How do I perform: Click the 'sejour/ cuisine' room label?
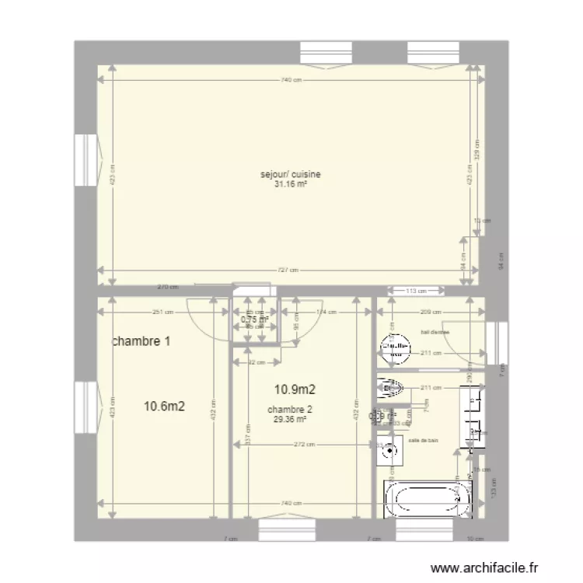[x=290, y=175]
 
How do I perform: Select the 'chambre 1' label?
[x=141, y=341]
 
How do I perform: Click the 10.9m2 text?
[x=293, y=389]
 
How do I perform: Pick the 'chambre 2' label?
[x=289, y=410]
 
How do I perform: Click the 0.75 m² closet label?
[x=254, y=319]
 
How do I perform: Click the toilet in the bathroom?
[x=390, y=386]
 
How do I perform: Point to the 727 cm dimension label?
[x=289, y=271]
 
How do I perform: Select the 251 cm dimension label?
[x=162, y=312]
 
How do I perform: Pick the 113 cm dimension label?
[x=416, y=291]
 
